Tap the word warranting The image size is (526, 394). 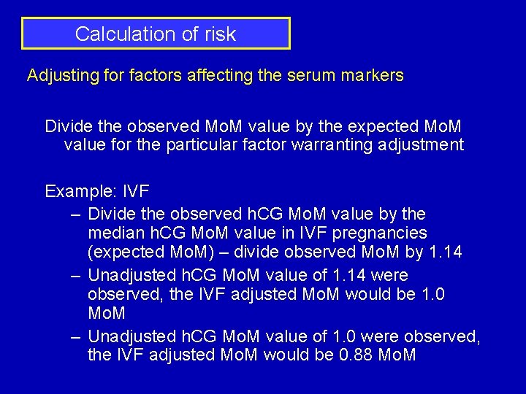[332, 144]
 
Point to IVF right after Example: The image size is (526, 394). [137, 191]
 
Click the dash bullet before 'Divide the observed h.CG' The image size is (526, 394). [76, 215]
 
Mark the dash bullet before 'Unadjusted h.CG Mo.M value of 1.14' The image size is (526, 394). [76, 276]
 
